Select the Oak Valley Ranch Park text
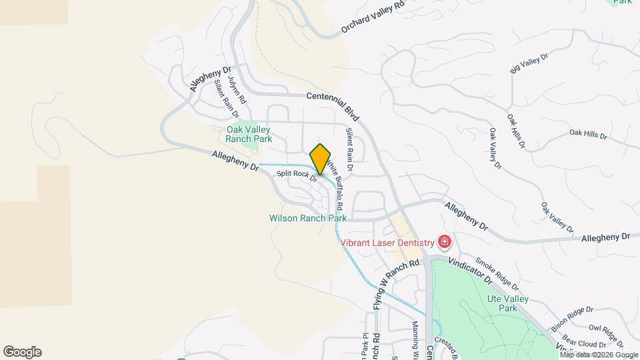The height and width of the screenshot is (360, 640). click(249, 135)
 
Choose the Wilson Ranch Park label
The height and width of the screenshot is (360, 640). click(308, 218)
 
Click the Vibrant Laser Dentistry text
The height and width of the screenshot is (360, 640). click(387, 242)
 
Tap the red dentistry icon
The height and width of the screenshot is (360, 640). click(444, 241)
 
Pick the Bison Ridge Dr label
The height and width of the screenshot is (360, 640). click(571, 318)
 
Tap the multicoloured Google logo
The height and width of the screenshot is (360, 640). click(22, 352)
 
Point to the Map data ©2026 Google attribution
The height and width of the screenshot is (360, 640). click(599, 355)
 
